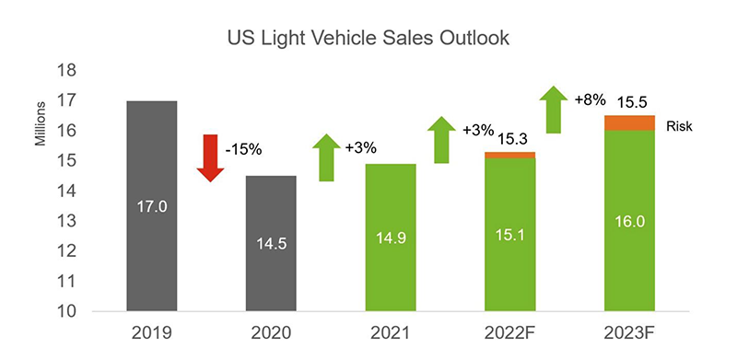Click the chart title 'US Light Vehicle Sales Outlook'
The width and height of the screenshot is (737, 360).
(368, 40)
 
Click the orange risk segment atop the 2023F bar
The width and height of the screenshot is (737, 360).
(629, 122)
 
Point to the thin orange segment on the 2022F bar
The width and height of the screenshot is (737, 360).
(509, 155)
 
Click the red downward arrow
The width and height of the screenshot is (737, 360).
(211, 157)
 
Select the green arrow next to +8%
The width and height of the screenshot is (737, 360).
(553, 108)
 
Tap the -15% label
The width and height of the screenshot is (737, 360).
(247, 147)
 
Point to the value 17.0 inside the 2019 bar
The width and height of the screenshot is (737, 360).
(151, 207)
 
